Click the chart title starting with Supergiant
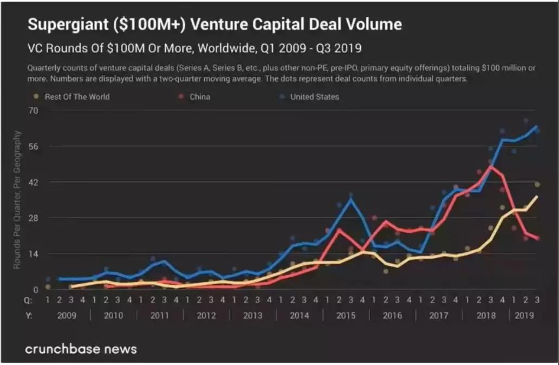click(x=214, y=25)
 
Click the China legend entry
click(x=199, y=97)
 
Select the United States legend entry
click(x=314, y=97)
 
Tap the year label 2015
click(x=346, y=315)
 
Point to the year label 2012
click(x=206, y=315)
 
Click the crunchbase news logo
click(x=81, y=349)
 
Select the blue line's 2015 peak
click(x=351, y=199)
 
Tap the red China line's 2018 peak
click(x=491, y=166)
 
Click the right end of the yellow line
click(x=537, y=196)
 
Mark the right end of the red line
click(x=537, y=238)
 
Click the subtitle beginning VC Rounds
click(x=194, y=49)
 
